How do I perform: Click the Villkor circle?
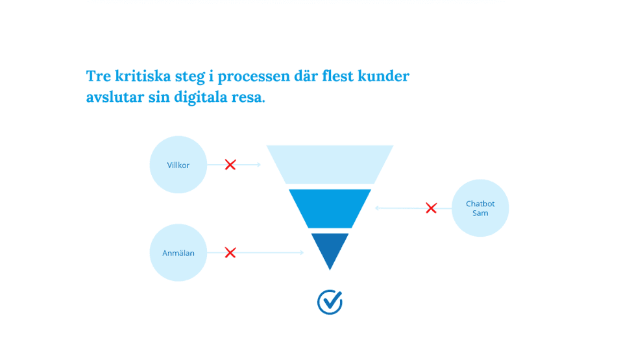[x=178, y=165]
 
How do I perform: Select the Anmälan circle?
[x=178, y=252]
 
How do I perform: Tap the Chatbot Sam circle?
[x=480, y=208]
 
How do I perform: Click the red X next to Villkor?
[x=230, y=165]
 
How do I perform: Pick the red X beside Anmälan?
[x=230, y=252]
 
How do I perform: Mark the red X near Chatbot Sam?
[x=431, y=208]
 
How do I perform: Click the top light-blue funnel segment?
[x=330, y=164]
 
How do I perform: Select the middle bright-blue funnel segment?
[x=330, y=208]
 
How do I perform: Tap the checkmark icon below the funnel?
[x=330, y=302]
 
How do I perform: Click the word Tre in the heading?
[x=98, y=77]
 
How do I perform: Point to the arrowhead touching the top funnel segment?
[x=258, y=165]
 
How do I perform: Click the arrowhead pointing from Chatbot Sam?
[x=378, y=208]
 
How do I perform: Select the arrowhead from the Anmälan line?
[x=301, y=252]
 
